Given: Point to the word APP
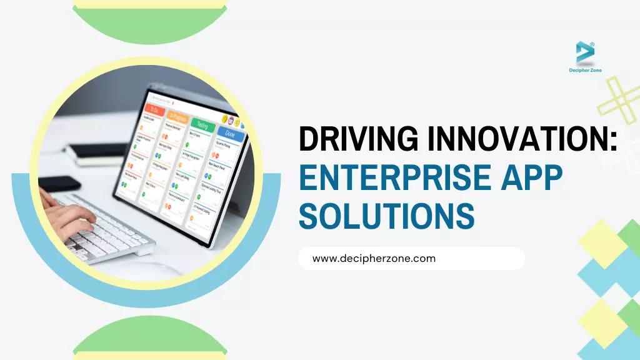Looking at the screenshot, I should [x=527, y=177].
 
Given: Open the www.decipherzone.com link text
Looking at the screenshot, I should [x=374, y=258].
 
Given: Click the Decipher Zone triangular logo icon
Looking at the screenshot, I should [x=585, y=52].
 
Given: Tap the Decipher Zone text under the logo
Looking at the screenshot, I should [x=585, y=71].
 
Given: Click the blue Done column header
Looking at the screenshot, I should [x=229, y=133].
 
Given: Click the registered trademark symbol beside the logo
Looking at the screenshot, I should [x=592, y=44].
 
